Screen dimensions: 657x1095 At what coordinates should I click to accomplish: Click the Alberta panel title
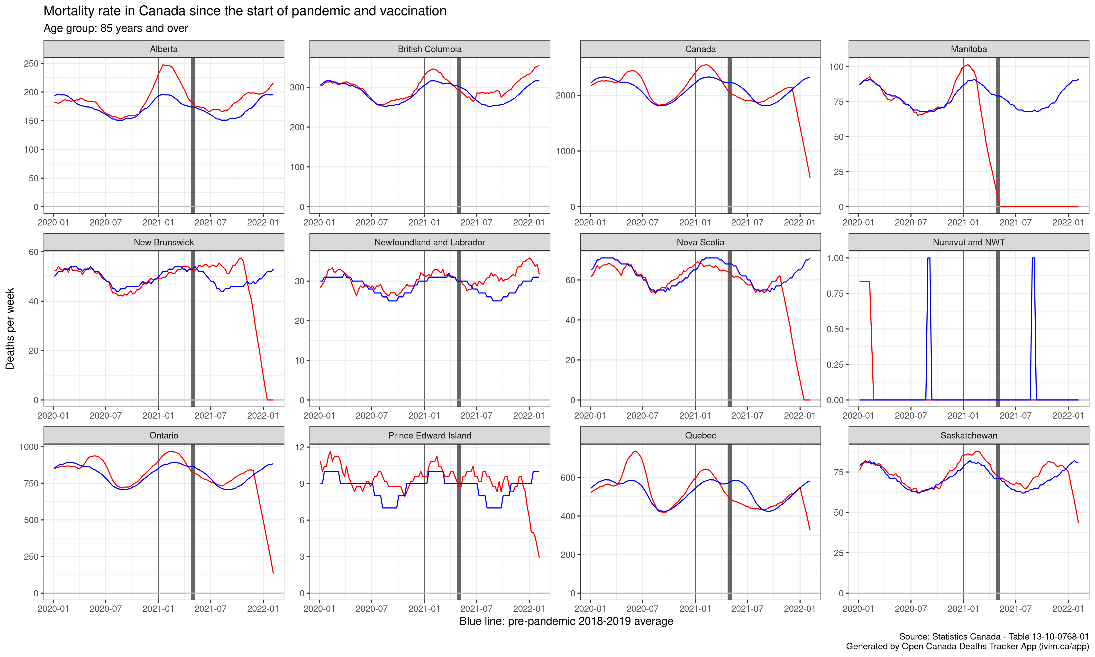coord(164,49)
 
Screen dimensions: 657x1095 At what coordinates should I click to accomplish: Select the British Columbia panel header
coord(429,49)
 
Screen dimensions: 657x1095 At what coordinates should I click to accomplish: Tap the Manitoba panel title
coord(968,49)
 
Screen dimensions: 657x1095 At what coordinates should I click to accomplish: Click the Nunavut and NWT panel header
coord(968,242)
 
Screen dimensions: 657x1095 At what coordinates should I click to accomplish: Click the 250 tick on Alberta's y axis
coord(31,63)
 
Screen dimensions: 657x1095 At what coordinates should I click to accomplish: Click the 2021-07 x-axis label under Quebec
coord(747,609)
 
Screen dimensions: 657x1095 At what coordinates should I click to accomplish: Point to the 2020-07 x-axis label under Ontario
coord(105,609)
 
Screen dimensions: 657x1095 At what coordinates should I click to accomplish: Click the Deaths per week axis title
coord(10,328)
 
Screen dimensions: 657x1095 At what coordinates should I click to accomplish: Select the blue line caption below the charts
coord(566,621)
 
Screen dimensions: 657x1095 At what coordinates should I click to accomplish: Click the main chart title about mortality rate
coord(245,11)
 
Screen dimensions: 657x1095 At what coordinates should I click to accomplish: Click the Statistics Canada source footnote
coord(994,637)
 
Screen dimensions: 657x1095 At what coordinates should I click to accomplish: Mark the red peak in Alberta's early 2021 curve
coord(163,65)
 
